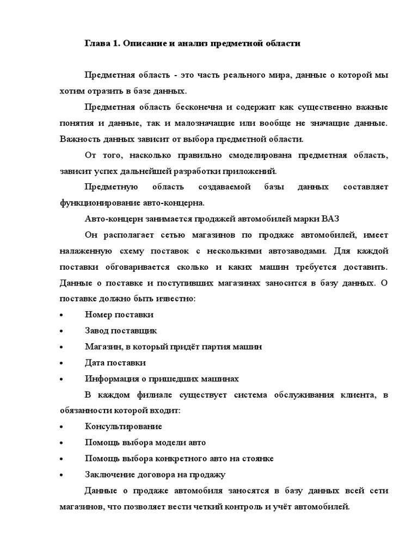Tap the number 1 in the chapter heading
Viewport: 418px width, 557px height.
pyautogui.click(x=116, y=43)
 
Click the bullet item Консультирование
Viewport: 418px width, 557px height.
pyautogui.click(x=123, y=426)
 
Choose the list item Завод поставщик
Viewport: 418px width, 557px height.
pyautogui.click(x=121, y=330)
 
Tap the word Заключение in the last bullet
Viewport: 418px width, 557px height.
pyautogui.click(x=109, y=474)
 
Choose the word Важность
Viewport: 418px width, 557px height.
pyautogui.click(x=79, y=139)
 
